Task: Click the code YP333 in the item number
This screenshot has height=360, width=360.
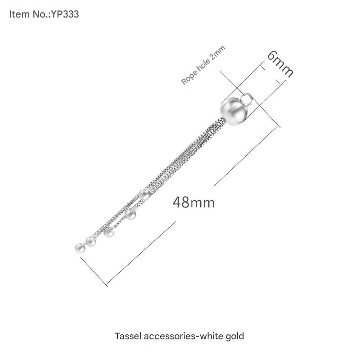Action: (65, 14)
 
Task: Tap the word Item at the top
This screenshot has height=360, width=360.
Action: (18, 14)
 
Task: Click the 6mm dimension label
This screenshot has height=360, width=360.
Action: (279, 63)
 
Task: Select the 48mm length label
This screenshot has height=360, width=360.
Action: (193, 202)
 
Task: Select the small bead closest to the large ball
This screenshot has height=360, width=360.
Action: (144, 194)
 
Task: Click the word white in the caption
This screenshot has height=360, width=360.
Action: (213, 336)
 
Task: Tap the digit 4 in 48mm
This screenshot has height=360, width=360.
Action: (177, 202)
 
